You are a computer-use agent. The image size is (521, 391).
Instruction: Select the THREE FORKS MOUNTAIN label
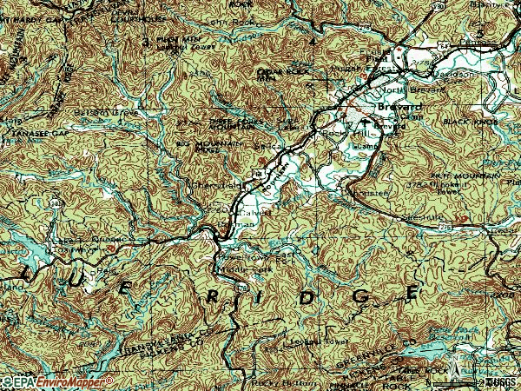click(233, 124)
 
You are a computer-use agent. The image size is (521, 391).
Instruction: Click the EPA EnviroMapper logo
click(57, 381)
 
